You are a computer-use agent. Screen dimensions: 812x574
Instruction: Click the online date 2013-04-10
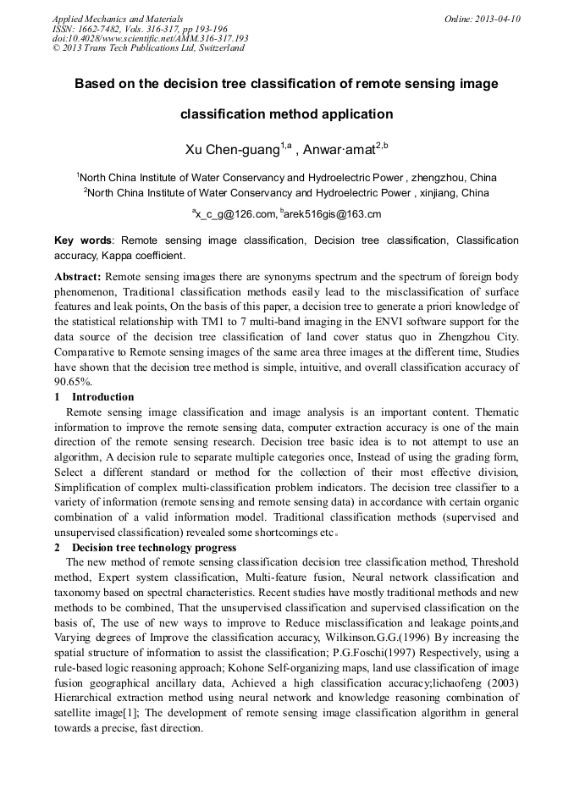point(498,19)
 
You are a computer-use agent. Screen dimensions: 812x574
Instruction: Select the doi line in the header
point(150,38)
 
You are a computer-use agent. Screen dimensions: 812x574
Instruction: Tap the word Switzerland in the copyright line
point(217,48)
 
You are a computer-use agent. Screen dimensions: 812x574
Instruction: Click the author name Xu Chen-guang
point(232,150)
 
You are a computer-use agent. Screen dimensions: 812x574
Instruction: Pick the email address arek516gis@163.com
point(333,214)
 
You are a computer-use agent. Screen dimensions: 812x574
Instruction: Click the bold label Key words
point(83,240)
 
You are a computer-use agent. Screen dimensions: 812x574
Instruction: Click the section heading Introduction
point(102,396)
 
